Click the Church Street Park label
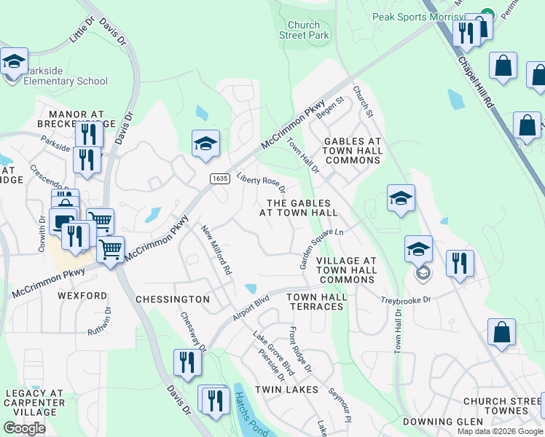pyautogui.click(x=304, y=30)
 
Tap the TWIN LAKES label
pyautogui.click(x=286, y=390)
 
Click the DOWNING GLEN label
pyautogui.click(x=444, y=422)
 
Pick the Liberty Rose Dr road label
pyautogui.click(x=261, y=183)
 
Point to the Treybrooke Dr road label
pyautogui.click(x=407, y=299)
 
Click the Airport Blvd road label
pyautogui.click(x=251, y=308)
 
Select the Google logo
pyautogui.click(x=24, y=428)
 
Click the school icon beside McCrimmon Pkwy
pyautogui.click(x=205, y=143)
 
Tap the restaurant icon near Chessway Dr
pyautogui.click(x=187, y=362)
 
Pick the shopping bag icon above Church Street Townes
pyautogui.click(x=502, y=333)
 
